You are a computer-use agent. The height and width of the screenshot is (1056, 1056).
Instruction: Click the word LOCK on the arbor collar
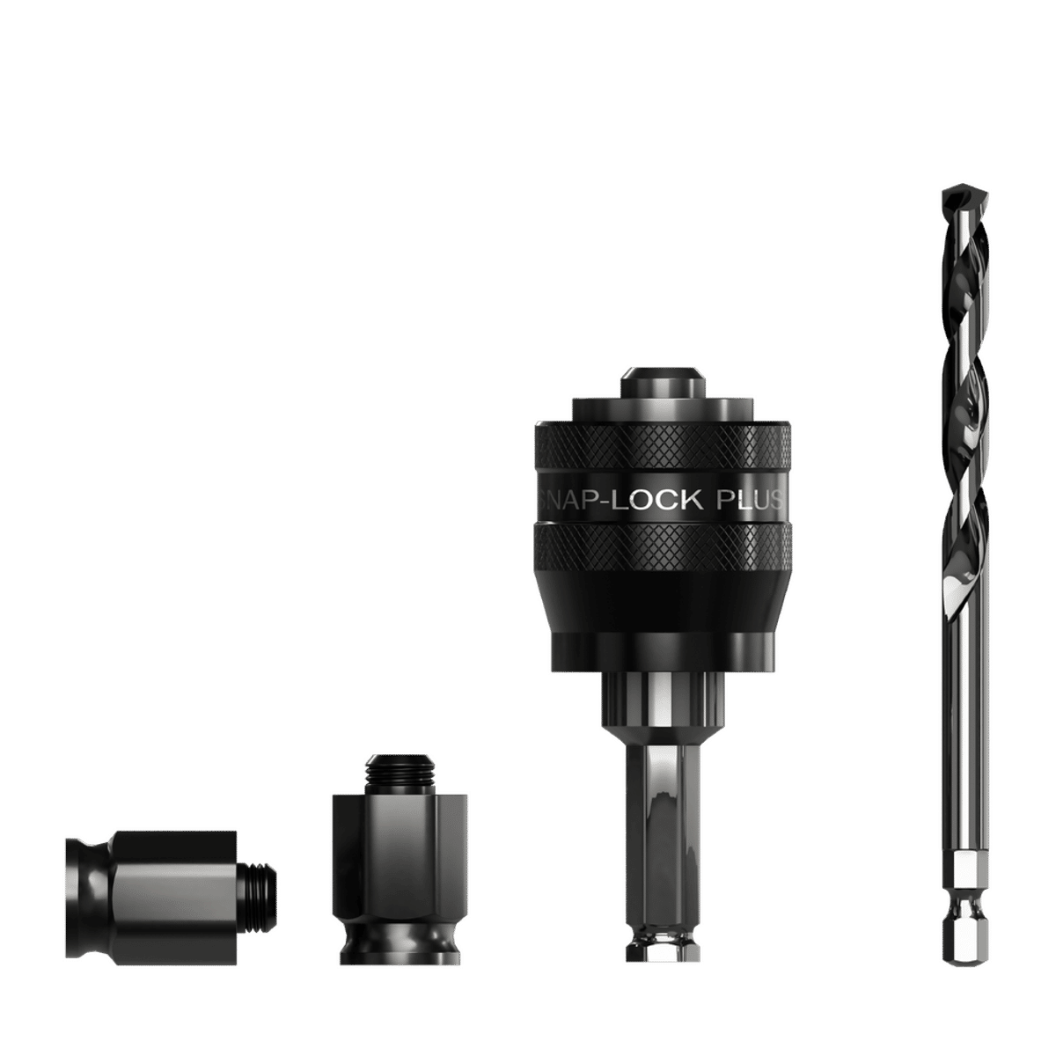(x=652, y=502)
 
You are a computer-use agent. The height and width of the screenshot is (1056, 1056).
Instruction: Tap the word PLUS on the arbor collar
(x=749, y=502)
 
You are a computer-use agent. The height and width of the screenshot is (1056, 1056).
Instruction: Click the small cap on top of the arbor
(x=663, y=383)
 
